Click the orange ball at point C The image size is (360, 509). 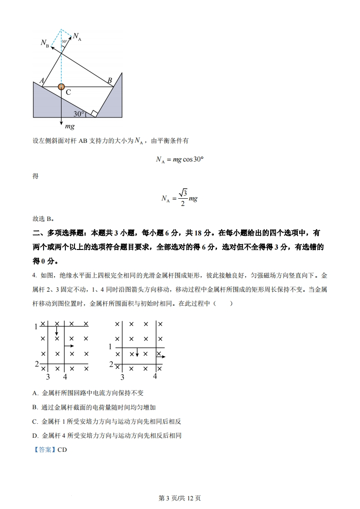click(61, 87)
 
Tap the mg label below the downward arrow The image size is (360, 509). click(69, 126)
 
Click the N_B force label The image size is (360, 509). click(44, 43)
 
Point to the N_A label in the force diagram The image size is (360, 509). click(77, 37)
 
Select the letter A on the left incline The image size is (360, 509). click(42, 81)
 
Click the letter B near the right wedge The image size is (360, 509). click(110, 81)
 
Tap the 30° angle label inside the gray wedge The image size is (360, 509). click(79, 113)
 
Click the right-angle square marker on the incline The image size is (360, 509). click(94, 113)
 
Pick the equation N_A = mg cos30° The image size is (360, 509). click(179, 159)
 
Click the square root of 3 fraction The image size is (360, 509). click(182, 197)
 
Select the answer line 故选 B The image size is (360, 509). click(44, 219)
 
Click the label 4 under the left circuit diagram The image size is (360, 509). click(65, 377)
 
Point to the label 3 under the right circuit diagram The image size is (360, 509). click(122, 377)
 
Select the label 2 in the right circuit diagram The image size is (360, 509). click(111, 364)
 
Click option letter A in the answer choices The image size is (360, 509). click(35, 393)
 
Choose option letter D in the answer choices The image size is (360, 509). click(35, 436)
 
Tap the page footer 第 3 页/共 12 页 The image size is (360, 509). click(180, 498)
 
